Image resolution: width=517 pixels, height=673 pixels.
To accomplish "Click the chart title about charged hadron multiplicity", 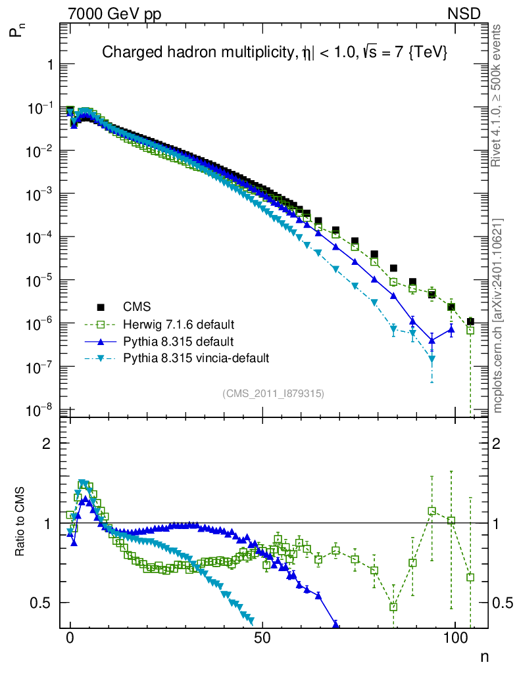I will [275, 54].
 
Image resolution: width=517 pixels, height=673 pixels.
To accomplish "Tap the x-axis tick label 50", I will [262, 639].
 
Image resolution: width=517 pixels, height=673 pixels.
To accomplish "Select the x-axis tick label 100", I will [455, 639].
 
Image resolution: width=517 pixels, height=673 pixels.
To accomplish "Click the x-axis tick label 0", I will [70, 639].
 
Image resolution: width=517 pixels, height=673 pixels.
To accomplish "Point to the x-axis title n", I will [485, 656].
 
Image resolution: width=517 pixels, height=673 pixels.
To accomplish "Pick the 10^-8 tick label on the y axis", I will [41, 411].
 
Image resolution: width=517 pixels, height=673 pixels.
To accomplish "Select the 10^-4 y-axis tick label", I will [41, 237].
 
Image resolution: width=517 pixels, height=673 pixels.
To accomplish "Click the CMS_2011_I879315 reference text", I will [273, 393].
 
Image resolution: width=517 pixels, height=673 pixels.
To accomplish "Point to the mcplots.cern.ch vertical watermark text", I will [498, 315].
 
